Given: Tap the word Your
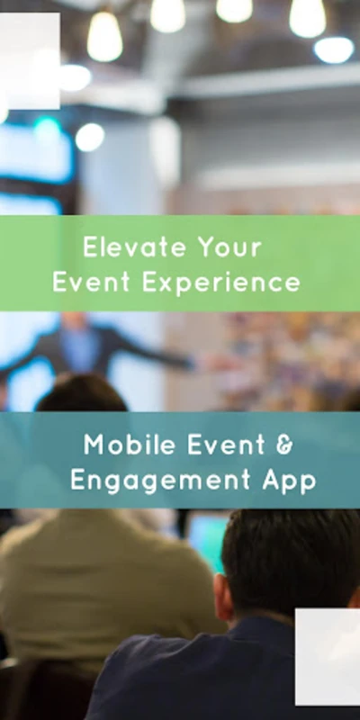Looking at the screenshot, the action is point(229,247).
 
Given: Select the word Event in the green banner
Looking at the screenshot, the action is point(91,282).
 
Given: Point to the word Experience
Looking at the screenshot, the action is point(221,283).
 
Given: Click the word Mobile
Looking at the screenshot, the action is point(130,445).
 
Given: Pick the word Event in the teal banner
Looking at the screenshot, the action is point(227,445).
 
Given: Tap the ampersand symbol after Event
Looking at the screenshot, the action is point(284,445).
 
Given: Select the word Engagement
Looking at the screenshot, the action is point(160,481).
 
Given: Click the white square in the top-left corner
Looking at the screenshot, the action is point(30,61).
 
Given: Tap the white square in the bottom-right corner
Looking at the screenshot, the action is point(328,657).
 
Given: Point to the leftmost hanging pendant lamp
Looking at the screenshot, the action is point(104,37).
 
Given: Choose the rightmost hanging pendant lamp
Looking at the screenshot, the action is point(308,17).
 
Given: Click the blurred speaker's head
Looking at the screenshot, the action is point(75,320).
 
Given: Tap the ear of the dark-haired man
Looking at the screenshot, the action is point(223,597).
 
